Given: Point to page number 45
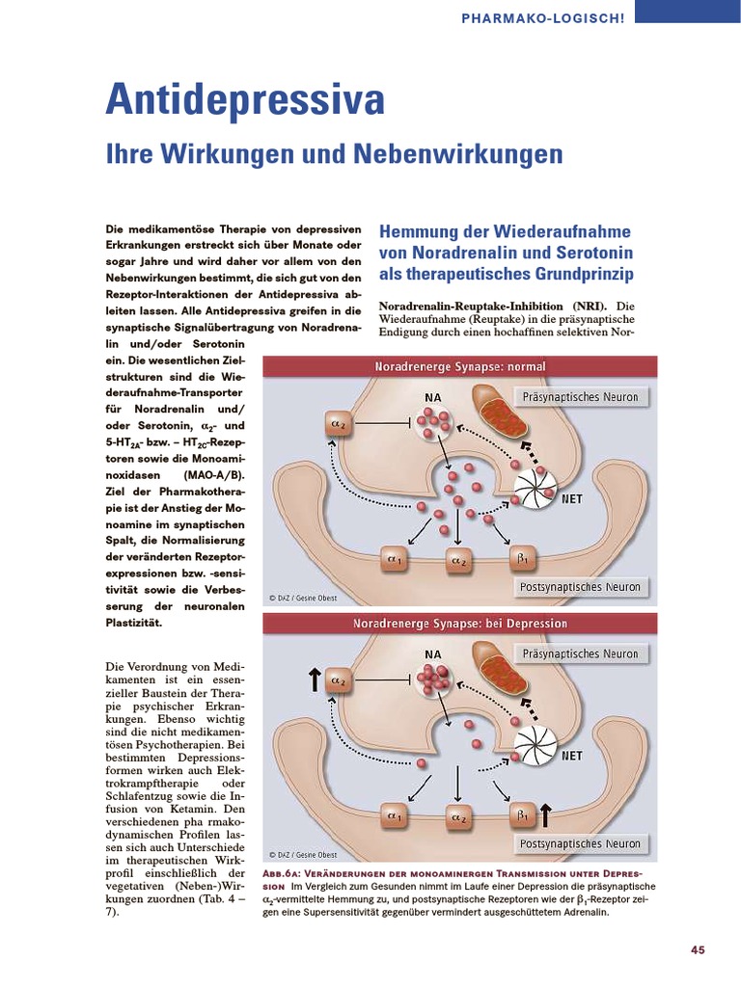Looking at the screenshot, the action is click(x=698, y=950).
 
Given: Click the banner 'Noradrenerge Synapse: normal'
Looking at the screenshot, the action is click(x=460, y=366).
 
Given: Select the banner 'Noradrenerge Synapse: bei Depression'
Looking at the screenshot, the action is click(x=460, y=623).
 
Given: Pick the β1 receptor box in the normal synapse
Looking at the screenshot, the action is click(x=522, y=559).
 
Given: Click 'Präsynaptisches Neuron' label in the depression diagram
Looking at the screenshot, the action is click(x=579, y=654).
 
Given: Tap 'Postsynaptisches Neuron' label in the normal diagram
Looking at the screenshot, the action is click(x=579, y=586).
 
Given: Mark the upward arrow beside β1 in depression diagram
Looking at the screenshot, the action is click(x=546, y=815).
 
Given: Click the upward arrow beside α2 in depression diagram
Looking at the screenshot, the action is click(x=315, y=680).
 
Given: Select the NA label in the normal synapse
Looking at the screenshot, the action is click(x=432, y=396).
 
